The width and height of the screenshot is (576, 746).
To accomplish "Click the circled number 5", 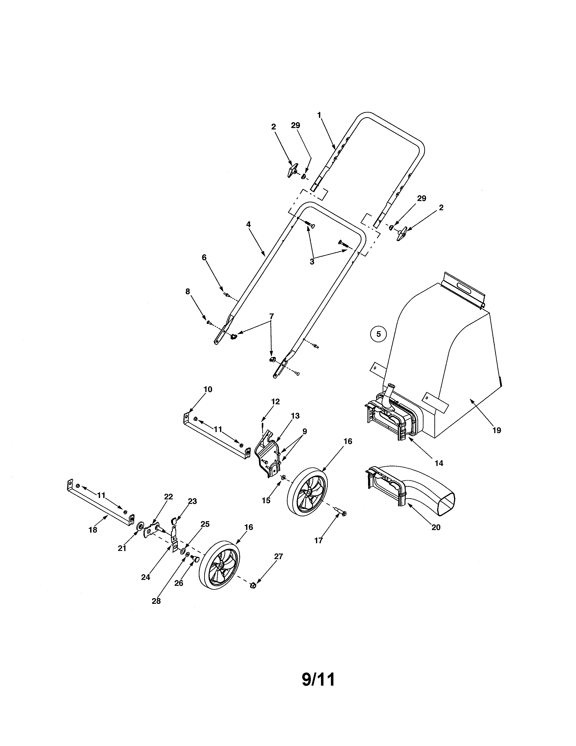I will click(x=378, y=334).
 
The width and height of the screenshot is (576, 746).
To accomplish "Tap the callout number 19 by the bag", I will click(x=496, y=430).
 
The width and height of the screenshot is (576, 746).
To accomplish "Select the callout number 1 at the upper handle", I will click(x=319, y=115).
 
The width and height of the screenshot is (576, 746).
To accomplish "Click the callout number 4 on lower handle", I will click(x=248, y=224).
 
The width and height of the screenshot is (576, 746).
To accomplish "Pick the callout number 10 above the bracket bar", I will click(x=208, y=390).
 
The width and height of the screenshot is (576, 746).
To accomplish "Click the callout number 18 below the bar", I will click(x=93, y=530).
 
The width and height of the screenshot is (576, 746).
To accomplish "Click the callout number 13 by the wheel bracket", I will click(x=295, y=416).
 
